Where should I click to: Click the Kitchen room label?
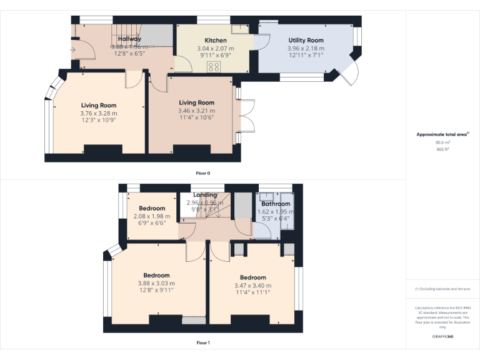[215, 41]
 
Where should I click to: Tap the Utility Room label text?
[306, 40]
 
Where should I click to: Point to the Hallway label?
[129, 39]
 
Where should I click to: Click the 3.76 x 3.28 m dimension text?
[98, 113]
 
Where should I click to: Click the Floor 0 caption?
[202, 172]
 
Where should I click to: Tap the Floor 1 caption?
[202, 342]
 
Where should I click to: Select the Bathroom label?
[276, 204]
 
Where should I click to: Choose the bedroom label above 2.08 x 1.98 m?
[152, 209]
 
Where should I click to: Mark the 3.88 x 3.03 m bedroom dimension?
[156, 283]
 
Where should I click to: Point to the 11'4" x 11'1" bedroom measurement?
[252, 292]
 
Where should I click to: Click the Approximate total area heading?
[442, 134]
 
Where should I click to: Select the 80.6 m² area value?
[442, 142]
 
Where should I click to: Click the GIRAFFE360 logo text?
[442, 336]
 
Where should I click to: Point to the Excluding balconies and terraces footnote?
[442, 289]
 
